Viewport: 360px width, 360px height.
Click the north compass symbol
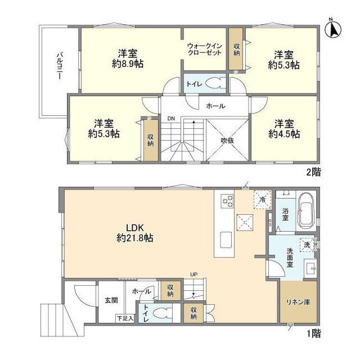point(333,29)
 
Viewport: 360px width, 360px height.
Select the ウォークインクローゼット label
point(205,49)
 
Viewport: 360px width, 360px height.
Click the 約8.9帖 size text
point(128,64)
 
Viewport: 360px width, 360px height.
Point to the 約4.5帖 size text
point(284,134)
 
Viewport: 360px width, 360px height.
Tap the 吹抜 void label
point(227,140)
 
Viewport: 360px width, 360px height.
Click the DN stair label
point(171,119)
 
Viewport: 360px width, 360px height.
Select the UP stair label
point(193,274)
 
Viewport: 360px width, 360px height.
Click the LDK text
point(135,228)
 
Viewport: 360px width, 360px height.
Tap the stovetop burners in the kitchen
point(227,201)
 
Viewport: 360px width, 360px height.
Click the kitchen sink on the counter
point(226,240)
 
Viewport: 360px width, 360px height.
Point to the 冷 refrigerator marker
point(263,199)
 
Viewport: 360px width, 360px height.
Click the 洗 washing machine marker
point(307,245)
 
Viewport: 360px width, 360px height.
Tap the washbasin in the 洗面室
point(310,267)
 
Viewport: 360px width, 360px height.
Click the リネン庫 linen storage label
point(298,302)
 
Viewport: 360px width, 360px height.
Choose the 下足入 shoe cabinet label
point(125,318)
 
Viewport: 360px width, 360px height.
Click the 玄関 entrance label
point(111,300)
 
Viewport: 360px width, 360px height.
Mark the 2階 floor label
point(313,172)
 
